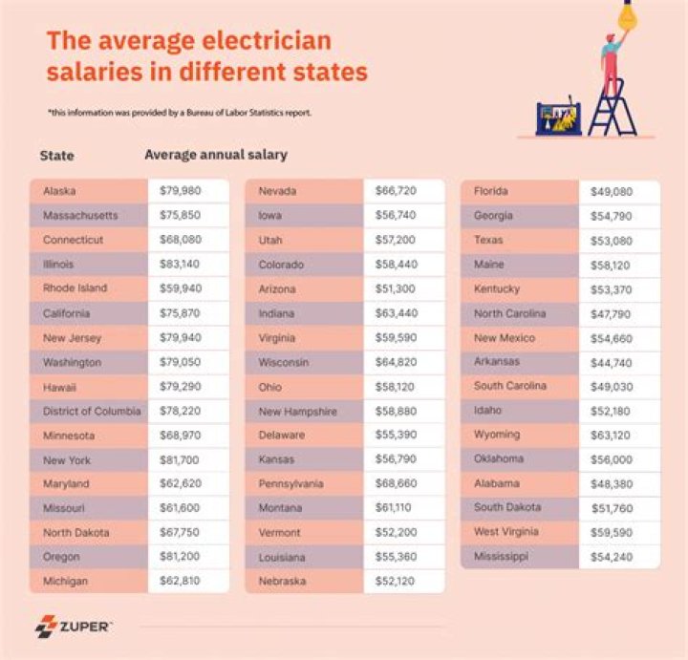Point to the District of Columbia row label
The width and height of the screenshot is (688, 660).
point(92,411)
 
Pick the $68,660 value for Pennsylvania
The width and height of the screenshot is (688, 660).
point(395,483)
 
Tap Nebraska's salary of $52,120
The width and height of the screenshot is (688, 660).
point(395,581)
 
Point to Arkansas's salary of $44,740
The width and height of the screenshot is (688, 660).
point(611,362)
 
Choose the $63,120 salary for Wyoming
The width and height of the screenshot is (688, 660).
point(611,435)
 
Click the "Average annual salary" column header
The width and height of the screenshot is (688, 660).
point(215,155)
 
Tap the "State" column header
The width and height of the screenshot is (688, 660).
point(57,156)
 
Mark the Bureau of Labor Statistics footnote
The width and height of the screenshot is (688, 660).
point(179,113)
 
